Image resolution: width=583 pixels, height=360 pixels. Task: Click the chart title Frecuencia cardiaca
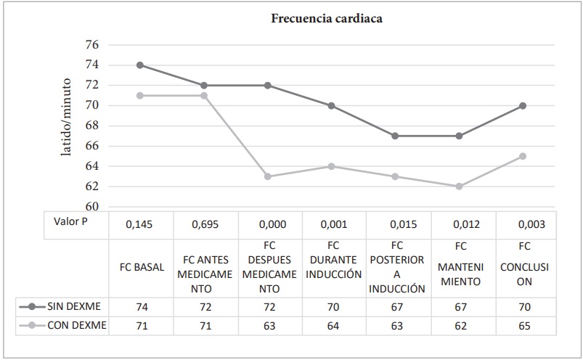click(x=326, y=19)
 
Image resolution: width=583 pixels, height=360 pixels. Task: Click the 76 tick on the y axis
click(x=92, y=45)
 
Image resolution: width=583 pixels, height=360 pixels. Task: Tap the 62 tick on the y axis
click(x=92, y=187)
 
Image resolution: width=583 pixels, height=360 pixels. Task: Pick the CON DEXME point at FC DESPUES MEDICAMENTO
click(x=268, y=176)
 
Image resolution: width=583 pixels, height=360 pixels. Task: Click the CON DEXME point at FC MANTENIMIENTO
click(x=460, y=187)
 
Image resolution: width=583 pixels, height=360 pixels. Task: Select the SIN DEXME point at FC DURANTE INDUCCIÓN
click(x=332, y=105)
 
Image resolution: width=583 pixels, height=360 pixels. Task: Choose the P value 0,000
click(x=268, y=226)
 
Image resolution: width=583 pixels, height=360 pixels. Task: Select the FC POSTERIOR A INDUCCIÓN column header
click(x=396, y=266)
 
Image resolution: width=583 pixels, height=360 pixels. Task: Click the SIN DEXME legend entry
click(x=66, y=306)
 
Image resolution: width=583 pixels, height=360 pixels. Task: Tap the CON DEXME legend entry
click(x=66, y=326)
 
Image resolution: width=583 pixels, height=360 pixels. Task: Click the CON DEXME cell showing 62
click(x=460, y=327)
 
